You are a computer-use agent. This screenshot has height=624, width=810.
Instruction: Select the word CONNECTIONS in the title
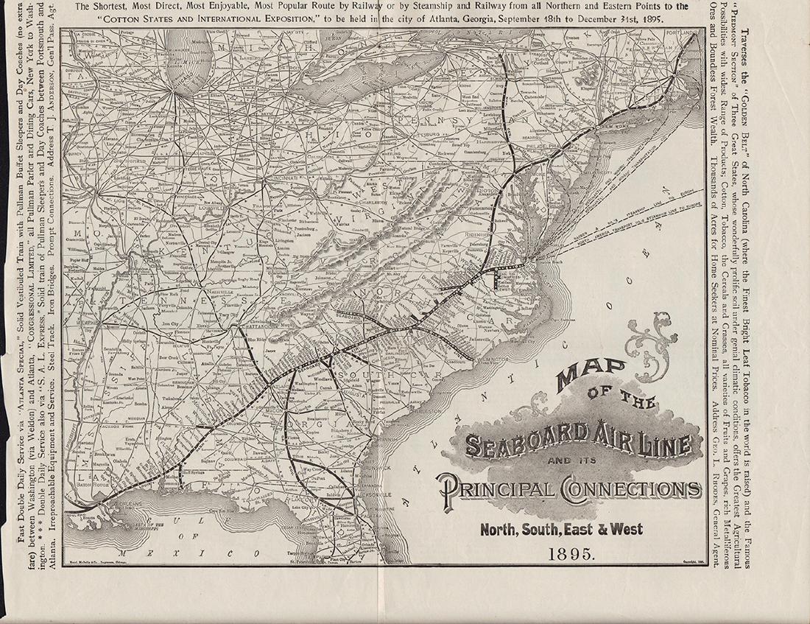(625, 489)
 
